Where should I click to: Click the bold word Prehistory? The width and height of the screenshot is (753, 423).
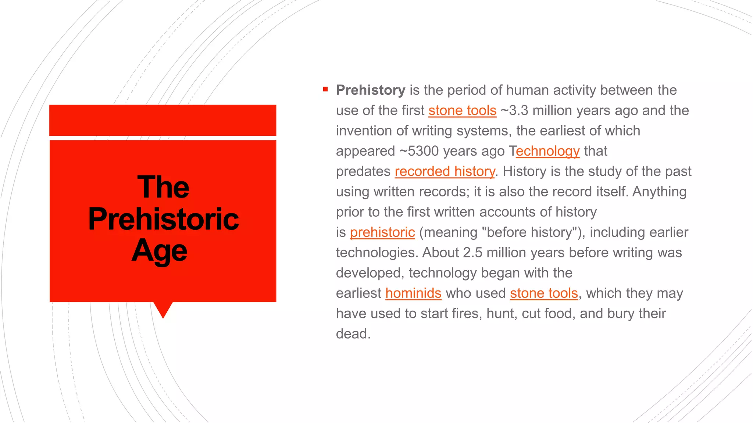coord(370,90)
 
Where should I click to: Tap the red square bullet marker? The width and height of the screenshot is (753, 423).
coord(325,89)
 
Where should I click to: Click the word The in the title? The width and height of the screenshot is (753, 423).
coord(163,187)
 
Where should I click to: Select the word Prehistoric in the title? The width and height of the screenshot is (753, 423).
coord(163,219)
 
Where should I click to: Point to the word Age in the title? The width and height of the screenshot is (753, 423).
coord(160,251)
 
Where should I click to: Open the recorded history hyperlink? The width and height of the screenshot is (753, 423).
coord(445,171)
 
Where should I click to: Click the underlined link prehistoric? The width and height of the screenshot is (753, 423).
coord(382,232)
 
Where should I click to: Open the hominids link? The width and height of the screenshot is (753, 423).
coord(413,293)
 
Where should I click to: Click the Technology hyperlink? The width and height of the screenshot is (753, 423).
coord(547,151)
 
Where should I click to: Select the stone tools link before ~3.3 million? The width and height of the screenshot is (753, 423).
coord(462,111)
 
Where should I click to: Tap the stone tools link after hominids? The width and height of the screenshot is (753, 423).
coord(544,293)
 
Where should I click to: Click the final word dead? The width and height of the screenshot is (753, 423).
coord(353,334)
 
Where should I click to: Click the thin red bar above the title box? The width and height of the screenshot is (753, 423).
coord(163,120)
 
